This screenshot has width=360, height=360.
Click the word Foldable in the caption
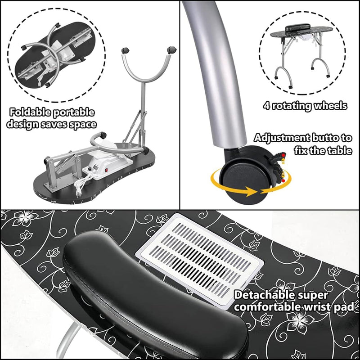30,112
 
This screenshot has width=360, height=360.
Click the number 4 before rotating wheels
266,106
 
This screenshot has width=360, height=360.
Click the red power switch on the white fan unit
106,171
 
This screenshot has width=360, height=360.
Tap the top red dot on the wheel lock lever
283,155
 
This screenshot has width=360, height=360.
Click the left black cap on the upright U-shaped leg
125,50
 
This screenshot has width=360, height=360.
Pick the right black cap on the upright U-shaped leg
171,49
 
